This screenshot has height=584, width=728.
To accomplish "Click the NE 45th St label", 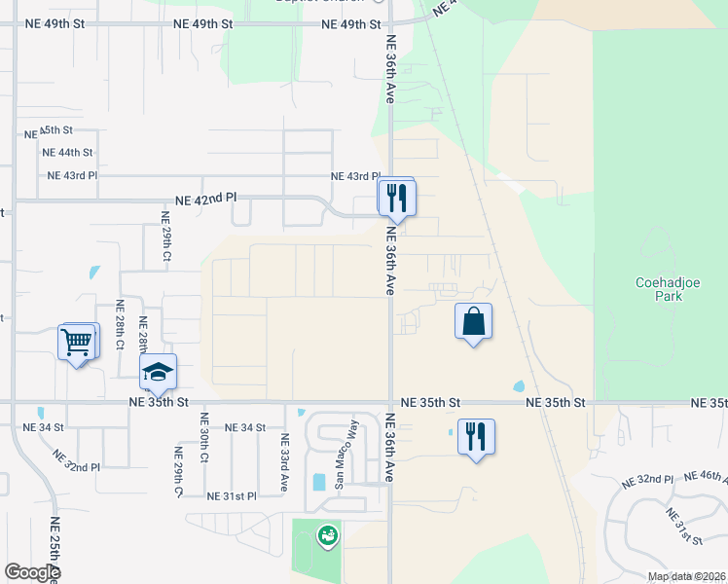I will coord(56,129).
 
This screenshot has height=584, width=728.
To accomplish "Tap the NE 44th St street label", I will coord(67,153).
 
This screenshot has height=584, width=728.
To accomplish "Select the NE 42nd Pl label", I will coord(205,199).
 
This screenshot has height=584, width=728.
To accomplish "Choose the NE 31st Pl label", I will coord(233,495).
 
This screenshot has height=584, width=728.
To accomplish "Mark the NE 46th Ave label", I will coord(705,477).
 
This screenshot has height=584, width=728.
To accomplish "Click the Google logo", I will coord(32,572).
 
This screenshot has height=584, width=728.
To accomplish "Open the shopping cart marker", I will coord(77,342).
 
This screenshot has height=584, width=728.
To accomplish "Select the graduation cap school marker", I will coord(159,371).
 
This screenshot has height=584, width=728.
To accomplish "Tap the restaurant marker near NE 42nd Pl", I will coord(397,198).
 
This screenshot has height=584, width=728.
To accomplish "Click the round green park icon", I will coord(328,534).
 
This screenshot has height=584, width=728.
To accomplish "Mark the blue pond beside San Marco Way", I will coord(319,482).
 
